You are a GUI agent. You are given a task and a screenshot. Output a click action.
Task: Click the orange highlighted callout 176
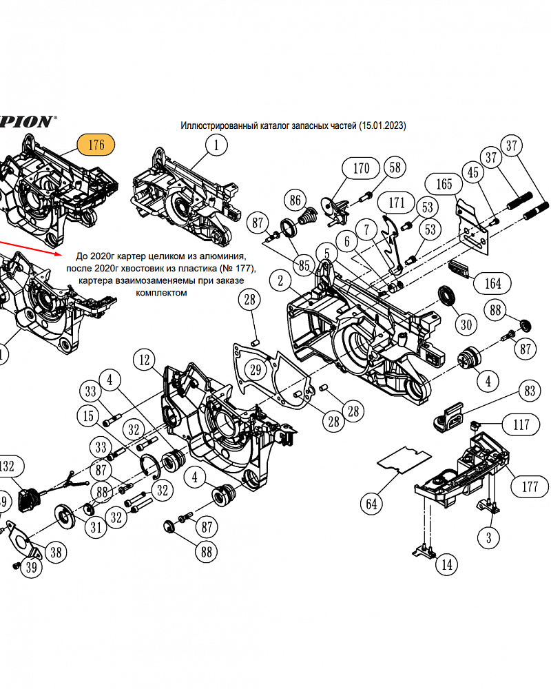[x=96, y=145]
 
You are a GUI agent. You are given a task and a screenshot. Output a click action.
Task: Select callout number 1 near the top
[x=216, y=145]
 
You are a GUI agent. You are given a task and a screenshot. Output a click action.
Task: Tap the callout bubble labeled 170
[x=361, y=169]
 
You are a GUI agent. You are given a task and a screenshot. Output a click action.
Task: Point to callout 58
[x=395, y=167]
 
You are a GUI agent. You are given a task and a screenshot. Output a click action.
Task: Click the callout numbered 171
[x=397, y=203]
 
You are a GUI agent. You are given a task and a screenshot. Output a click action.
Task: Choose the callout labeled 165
[x=444, y=184]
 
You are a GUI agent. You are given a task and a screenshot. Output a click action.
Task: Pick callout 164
[x=492, y=282]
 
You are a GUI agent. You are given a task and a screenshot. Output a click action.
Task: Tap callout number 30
[x=466, y=325]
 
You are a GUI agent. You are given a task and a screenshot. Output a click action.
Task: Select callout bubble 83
[x=529, y=391]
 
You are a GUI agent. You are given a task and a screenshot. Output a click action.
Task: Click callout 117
[x=521, y=424]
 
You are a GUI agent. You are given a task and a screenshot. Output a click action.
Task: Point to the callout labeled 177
[x=530, y=486]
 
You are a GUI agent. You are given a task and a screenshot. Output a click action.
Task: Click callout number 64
[x=371, y=504]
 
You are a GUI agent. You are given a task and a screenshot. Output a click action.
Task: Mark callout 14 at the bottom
[x=446, y=565]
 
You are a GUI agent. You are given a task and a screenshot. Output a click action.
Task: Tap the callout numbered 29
[x=256, y=371]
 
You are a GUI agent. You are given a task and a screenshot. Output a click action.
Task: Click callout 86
[x=295, y=200]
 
